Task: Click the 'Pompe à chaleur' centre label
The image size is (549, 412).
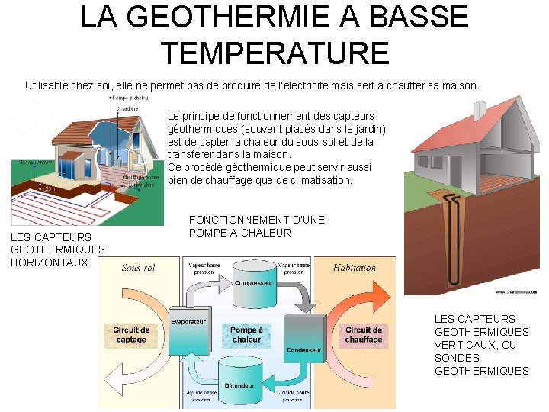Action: (246, 335)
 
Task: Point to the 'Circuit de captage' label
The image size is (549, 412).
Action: (131, 335)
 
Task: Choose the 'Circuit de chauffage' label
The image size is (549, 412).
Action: (364, 335)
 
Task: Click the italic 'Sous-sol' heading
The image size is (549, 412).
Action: (138, 268)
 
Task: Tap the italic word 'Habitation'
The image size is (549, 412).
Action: (355, 268)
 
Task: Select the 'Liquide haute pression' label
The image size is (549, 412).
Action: (294, 396)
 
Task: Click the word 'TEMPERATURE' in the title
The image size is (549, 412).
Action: (275, 53)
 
